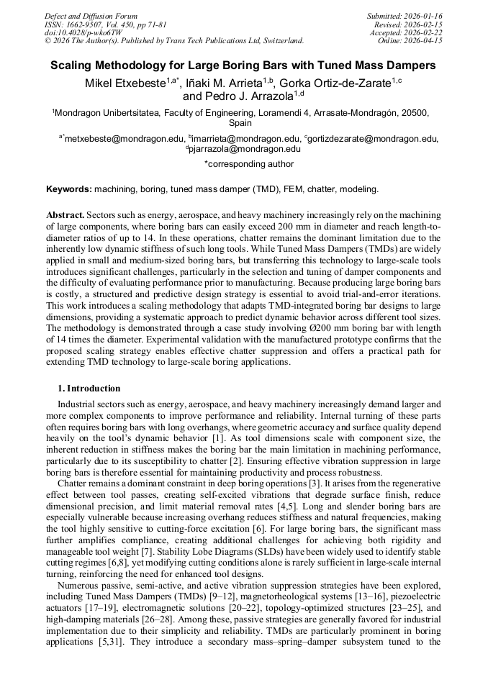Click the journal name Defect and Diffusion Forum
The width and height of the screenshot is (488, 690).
coord(91,16)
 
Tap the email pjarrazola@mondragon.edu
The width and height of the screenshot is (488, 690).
coord(245,149)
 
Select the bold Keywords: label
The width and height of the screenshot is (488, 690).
coord(69,189)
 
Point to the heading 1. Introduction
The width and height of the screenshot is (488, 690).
coord(89,389)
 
